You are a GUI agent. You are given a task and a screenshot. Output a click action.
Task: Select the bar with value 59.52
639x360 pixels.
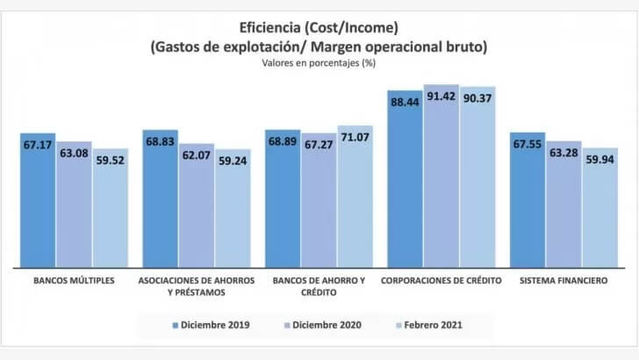coord(111,211)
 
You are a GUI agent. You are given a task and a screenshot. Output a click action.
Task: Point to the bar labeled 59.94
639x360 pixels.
coord(599,211)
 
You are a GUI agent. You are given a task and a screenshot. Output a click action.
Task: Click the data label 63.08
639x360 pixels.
coord(75,155)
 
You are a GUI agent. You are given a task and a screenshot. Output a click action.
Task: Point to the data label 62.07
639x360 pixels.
coord(197,156)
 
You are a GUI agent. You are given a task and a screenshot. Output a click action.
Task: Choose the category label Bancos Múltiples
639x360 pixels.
coord(75,281)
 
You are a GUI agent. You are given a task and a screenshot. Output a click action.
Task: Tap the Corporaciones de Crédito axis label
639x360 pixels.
coord(441,281)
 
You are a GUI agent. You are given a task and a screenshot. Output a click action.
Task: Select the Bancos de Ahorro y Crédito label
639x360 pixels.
coord(319,286)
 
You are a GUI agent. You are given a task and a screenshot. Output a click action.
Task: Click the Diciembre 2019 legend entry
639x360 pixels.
coord(215,325)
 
